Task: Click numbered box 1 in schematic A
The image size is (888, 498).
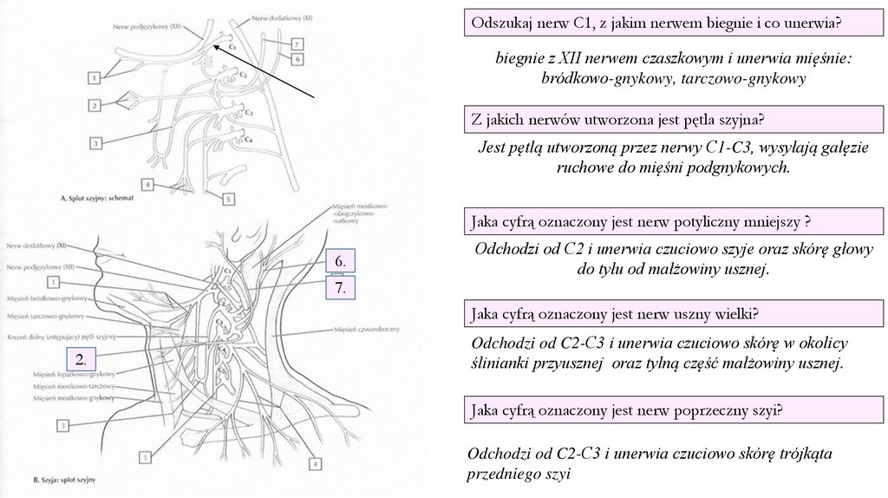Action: [93, 77]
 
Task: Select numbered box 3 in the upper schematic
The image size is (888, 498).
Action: [95, 142]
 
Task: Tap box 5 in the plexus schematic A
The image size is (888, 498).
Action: [229, 199]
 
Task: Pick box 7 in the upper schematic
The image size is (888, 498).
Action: [297, 43]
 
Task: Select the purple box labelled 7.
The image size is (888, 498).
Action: [341, 288]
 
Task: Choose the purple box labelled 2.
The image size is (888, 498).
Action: [80, 359]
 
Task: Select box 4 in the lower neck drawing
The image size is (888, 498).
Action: [314, 464]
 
